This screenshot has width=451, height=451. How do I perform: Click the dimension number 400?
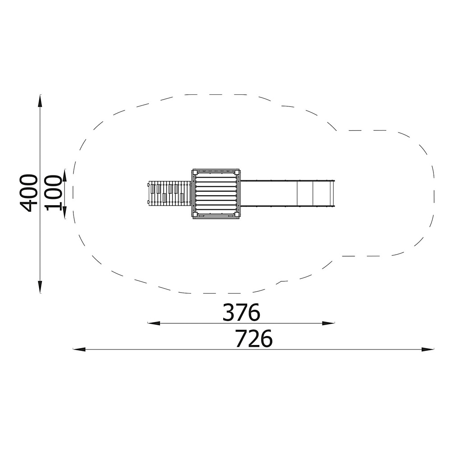(x=28, y=193)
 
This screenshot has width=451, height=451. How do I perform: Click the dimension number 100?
(x=54, y=193)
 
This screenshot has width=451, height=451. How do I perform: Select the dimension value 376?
(x=241, y=313)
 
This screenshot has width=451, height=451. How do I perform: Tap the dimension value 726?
(x=253, y=339)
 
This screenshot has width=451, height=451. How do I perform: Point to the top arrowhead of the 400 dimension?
(x=40, y=101)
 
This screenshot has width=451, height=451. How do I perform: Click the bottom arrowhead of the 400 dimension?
(x=40, y=286)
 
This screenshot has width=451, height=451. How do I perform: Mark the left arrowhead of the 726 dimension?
(x=79, y=350)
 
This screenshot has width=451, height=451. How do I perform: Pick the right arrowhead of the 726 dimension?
(x=428, y=350)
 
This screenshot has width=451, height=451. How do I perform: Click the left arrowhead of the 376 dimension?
(x=154, y=323)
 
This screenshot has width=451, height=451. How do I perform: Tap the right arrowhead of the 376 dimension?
(x=328, y=323)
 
